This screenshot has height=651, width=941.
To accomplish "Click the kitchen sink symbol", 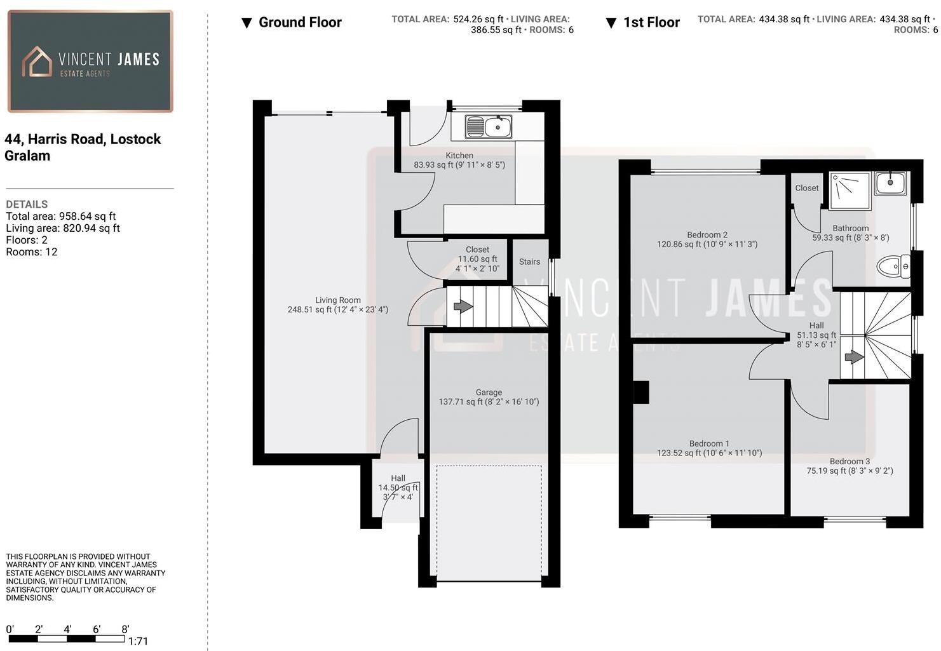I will pyautogui.click(x=488, y=126).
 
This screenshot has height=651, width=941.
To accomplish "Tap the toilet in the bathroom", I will pyautogui.click(x=893, y=266).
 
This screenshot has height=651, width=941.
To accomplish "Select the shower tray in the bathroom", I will pyautogui.click(x=850, y=190).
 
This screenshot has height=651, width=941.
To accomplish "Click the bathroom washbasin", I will pyautogui.click(x=890, y=183).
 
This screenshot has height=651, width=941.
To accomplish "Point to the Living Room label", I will pyautogui.click(x=337, y=300).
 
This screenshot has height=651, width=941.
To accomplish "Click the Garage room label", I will pyautogui.click(x=489, y=393).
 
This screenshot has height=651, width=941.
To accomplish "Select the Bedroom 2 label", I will pyautogui.click(x=707, y=235).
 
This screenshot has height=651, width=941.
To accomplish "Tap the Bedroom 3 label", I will pyautogui.click(x=850, y=462).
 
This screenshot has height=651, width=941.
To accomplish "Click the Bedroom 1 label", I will pyautogui.click(x=709, y=444).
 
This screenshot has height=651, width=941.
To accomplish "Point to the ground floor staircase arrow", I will pyautogui.click(x=463, y=307).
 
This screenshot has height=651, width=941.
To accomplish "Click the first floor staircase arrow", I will pyautogui.click(x=853, y=358).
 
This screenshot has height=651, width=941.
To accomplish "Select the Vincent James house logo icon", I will pyautogui.click(x=37, y=62).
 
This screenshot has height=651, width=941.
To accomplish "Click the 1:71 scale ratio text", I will pyautogui.click(x=138, y=641).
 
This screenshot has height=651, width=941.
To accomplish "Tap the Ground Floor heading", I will pyautogui.click(x=300, y=23).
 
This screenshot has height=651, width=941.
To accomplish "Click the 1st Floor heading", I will pyautogui.click(x=651, y=23).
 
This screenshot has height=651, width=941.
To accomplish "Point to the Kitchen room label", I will pyautogui.click(x=459, y=156).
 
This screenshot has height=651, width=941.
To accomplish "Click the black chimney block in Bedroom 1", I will pyautogui.click(x=640, y=392).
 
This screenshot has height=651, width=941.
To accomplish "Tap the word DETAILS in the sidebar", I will pyautogui.click(x=27, y=205).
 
